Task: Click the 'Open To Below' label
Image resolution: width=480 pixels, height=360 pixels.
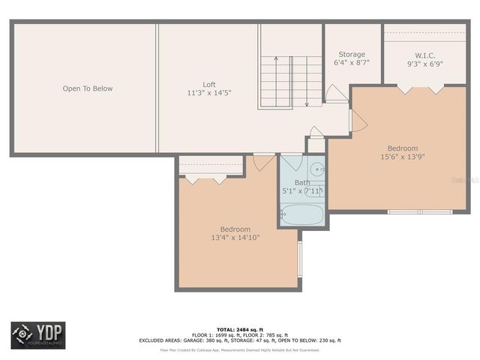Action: coord(87,88)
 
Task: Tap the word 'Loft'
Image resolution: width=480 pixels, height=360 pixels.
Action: coord(208,84)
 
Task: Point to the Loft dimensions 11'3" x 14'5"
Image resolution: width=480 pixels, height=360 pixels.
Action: coord(208,93)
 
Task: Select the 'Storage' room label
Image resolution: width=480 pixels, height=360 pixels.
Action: coord(351,54)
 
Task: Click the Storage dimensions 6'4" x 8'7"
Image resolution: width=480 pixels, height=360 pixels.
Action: coord(351,63)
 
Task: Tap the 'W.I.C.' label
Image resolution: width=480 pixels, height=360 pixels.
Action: coord(425,55)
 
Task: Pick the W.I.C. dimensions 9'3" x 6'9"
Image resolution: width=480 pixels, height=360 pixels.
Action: coord(425,64)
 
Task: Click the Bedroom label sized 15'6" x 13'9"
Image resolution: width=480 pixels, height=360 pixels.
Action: coord(403,148)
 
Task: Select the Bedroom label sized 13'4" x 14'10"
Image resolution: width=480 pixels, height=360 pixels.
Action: coord(235,229)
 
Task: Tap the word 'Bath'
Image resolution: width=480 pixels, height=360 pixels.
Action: coord(301,182)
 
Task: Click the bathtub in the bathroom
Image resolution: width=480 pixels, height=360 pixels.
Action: coord(302,216)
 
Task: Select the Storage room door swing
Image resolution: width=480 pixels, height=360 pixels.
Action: coord(334,93)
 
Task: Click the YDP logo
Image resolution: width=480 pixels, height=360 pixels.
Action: coord(37,335)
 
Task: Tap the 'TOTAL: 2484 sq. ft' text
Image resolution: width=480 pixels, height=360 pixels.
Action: coord(240,329)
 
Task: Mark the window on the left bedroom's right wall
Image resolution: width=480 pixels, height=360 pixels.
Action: coord(299,259)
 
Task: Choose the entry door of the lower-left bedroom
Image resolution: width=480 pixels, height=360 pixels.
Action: coord(263,161)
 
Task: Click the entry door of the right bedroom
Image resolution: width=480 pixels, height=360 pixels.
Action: coord(355,121)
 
